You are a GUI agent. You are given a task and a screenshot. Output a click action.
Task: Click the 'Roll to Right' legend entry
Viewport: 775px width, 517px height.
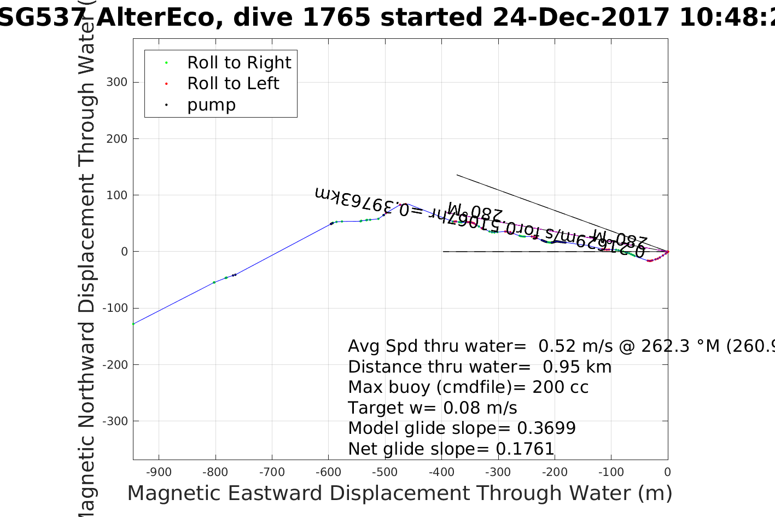pos(239,63)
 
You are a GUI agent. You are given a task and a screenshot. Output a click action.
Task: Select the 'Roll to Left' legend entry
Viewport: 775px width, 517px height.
pos(233,84)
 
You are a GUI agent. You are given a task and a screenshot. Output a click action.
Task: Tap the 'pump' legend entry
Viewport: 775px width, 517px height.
pos(211,105)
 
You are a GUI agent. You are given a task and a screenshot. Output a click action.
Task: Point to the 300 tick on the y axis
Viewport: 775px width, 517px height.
pos(117,82)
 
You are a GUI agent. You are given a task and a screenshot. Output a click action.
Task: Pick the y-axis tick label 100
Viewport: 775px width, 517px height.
pos(117,195)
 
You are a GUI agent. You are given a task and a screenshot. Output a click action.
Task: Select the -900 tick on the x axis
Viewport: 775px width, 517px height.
pos(159,472)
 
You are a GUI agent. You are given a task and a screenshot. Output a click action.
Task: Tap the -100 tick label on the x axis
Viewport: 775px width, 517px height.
pos(610,472)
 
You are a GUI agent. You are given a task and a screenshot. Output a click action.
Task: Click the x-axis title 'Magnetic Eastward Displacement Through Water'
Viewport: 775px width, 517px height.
pos(399,493)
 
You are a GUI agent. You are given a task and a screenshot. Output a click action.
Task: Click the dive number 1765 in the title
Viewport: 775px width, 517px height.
pos(336,18)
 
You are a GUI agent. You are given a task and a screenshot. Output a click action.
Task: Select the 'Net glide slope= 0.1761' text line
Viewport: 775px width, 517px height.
pos(451,449)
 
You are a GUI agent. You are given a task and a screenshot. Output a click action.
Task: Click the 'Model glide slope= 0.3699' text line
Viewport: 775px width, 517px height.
pos(462,428)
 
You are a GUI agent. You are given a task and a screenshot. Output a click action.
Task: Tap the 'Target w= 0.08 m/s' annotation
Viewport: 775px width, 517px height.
pos(432,408)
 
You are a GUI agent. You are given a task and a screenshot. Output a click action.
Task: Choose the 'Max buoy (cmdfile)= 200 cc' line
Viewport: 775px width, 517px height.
pos(468,387)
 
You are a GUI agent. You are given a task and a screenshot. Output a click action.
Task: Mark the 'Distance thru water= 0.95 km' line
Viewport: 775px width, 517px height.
pos(480,367)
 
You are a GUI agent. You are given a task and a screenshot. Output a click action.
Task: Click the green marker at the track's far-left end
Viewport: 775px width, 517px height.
pos(133,324)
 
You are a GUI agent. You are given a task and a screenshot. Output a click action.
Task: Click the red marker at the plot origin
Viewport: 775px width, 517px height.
pos(668,252)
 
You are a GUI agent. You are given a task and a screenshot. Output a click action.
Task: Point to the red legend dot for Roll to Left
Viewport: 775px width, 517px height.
pos(166,84)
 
